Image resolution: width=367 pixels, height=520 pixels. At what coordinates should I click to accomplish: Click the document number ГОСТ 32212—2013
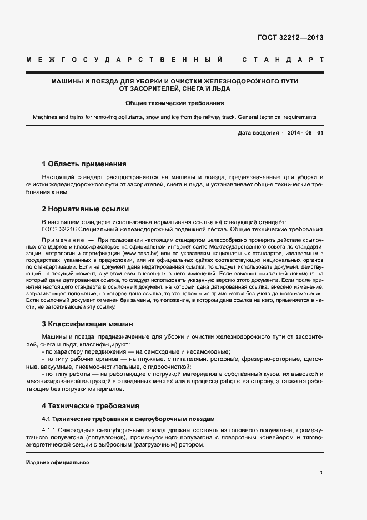pos(290,38)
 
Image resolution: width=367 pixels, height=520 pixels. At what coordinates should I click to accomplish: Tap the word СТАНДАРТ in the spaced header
pos(283,59)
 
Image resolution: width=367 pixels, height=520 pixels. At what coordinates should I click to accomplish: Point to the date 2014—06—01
pos(305,133)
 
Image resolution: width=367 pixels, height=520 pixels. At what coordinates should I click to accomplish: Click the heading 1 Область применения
pos(84,164)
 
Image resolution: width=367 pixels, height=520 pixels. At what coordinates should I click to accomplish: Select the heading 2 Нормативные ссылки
pos(85,209)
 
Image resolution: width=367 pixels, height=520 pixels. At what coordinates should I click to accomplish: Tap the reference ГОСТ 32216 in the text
pos(59,229)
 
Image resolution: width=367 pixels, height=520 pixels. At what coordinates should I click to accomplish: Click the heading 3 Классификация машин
pos(87,324)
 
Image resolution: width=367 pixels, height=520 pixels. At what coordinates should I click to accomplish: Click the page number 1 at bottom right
pos(321,473)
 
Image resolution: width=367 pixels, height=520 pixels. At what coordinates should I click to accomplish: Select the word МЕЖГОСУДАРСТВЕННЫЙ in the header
pos(124,59)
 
